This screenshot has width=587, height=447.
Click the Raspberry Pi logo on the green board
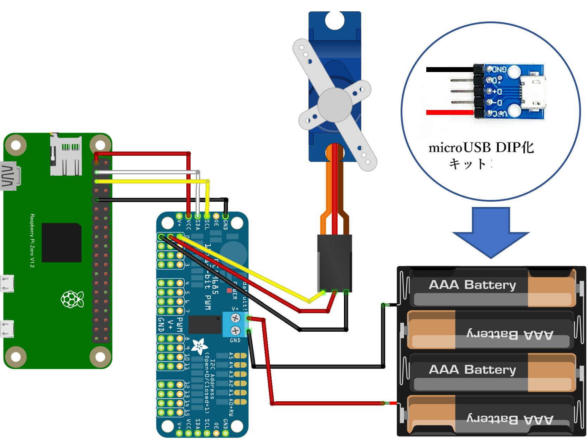72,299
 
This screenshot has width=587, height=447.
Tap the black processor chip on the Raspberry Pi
62,242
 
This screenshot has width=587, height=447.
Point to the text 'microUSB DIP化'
481,148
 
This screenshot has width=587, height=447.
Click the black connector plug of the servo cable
334,262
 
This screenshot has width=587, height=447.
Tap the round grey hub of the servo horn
335,105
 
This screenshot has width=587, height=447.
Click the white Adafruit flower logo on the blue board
199,346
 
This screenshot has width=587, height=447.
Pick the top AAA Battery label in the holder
472,285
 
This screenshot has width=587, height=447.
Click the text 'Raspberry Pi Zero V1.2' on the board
32,241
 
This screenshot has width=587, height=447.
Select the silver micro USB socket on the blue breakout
533,92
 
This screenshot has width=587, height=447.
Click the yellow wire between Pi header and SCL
151,181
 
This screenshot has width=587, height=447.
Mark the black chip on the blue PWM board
205,324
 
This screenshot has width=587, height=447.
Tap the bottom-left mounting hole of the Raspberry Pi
16,357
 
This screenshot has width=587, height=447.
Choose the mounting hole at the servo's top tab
334,20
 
